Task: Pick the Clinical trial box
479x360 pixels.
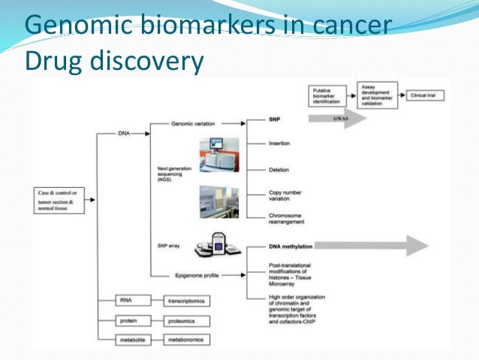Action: [429, 96]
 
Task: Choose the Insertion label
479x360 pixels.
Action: [279, 144]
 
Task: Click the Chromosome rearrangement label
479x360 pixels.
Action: [290, 219]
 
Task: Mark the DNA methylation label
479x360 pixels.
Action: [291, 246]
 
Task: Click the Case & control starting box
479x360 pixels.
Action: [62, 199]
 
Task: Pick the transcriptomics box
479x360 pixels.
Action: [187, 302]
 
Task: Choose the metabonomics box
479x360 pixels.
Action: [187, 340]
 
